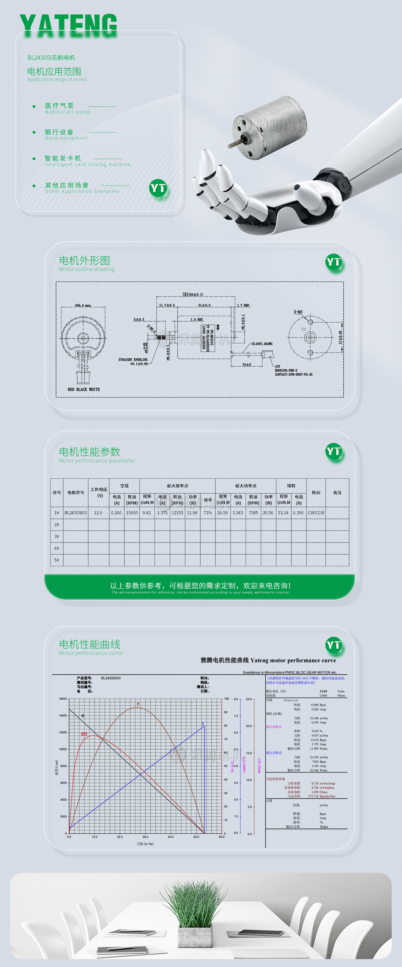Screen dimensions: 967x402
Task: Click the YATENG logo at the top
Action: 68,25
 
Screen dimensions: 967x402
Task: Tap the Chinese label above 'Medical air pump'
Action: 59,105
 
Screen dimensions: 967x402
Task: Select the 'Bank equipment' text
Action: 66,138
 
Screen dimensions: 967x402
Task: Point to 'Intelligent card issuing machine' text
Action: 88,164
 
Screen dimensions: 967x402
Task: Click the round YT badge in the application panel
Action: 158,188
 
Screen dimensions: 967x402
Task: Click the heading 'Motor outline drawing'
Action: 87,269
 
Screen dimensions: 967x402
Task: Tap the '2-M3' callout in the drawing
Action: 298,312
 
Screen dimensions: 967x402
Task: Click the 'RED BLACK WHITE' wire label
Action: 84,389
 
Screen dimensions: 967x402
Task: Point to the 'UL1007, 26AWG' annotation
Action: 262,344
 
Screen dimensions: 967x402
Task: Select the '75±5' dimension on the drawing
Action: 247,365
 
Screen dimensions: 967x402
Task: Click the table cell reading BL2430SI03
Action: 76,513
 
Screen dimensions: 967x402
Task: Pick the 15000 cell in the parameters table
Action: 132,513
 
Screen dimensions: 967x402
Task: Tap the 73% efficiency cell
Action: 208,513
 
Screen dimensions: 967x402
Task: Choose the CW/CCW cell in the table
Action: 316,513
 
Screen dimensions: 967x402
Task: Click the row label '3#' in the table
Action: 57,536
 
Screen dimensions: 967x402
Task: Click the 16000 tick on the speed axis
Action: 63,699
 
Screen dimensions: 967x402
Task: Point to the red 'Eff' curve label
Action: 84,734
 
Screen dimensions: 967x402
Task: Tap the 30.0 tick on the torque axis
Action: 145,837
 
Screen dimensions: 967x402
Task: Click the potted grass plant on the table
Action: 194,912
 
